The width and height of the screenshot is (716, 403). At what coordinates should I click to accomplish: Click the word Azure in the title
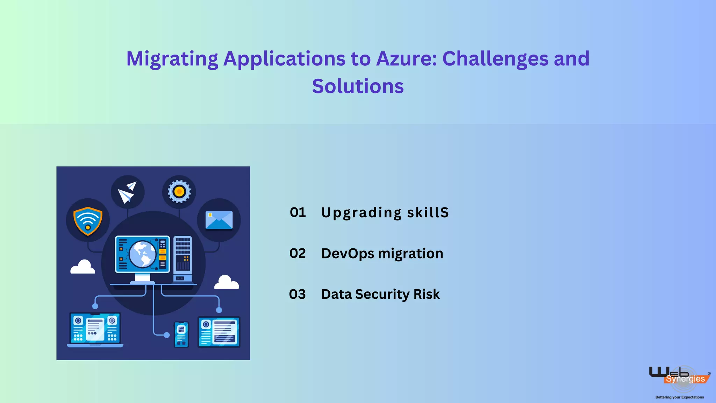[x=406, y=58]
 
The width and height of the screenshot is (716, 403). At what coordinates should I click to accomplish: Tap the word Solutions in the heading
[x=358, y=86]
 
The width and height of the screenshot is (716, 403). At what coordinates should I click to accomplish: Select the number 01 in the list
[x=298, y=212]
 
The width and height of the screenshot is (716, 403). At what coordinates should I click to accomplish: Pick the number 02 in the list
[x=298, y=253]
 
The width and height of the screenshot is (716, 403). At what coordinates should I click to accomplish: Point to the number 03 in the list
[x=297, y=294]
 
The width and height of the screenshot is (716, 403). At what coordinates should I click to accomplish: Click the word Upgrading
[x=361, y=213]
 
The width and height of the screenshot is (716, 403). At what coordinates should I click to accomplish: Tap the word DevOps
[x=348, y=254]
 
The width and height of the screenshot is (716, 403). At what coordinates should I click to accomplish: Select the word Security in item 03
[x=382, y=295]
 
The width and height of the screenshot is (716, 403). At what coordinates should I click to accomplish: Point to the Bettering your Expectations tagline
[x=679, y=397]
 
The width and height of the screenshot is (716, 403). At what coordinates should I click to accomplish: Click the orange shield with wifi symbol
[x=88, y=221]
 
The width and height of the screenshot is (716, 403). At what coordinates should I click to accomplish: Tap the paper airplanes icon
[x=127, y=192]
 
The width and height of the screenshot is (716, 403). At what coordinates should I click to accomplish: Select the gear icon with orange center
[x=179, y=192]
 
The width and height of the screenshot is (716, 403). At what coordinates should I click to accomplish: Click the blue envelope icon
[x=219, y=220]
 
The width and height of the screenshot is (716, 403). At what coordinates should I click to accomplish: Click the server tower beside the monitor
[x=182, y=259]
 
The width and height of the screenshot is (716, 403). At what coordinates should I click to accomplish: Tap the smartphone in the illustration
[x=181, y=334]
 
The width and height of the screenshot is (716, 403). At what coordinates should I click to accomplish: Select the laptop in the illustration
[x=95, y=330]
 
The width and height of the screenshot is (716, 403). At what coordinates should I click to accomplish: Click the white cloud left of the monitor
[x=83, y=267]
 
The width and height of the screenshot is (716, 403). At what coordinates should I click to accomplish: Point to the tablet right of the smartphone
[x=219, y=332]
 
